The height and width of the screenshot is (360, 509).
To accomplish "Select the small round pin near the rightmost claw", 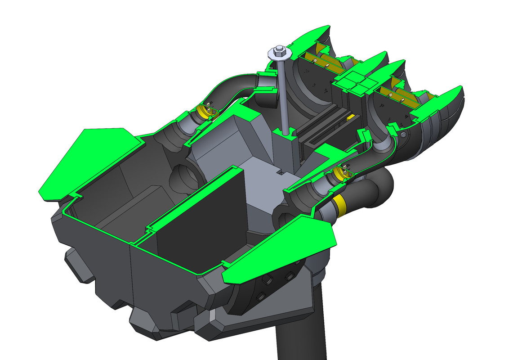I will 403,135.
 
